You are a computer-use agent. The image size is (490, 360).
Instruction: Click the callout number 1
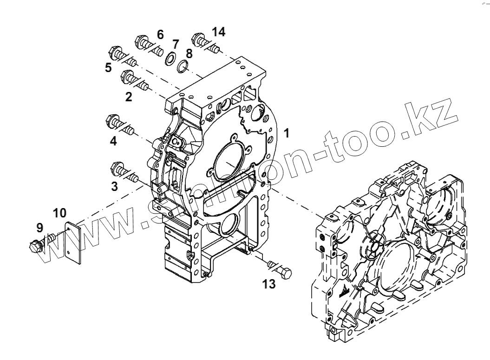click(287, 133)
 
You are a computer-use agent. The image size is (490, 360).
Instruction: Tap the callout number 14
click(219, 32)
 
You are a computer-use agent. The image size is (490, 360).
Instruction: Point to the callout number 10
click(59, 213)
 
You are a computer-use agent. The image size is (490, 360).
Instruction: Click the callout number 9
click(40, 228)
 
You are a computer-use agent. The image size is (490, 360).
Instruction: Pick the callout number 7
click(175, 44)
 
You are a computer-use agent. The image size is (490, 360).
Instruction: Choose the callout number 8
click(189, 53)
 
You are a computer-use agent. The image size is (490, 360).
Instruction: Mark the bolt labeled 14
click(204, 41)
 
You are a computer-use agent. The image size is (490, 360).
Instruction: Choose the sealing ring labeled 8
click(183, 67)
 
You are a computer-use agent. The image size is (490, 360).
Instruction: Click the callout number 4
click(113, 141)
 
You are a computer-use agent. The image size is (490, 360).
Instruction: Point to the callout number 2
click(129, 97)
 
